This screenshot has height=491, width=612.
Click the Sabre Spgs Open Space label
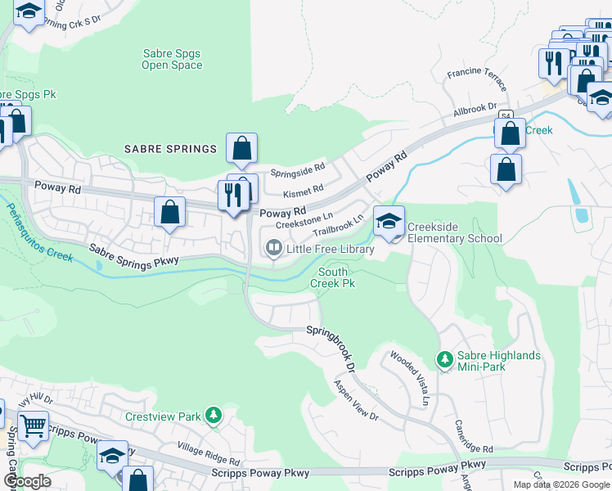click(172, 60)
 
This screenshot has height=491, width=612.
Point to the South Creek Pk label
click(333, 277)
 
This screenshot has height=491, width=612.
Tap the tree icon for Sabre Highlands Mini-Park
click(444, 359)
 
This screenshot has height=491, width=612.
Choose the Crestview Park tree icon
click(213, 416)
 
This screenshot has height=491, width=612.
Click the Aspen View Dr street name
click(356, 400)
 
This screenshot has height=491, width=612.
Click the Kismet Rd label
click(302, 190)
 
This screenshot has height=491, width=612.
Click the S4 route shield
click(506, 115)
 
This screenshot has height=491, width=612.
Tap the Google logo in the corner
click(26, 480)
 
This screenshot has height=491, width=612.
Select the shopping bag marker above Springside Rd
click(241, 149)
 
